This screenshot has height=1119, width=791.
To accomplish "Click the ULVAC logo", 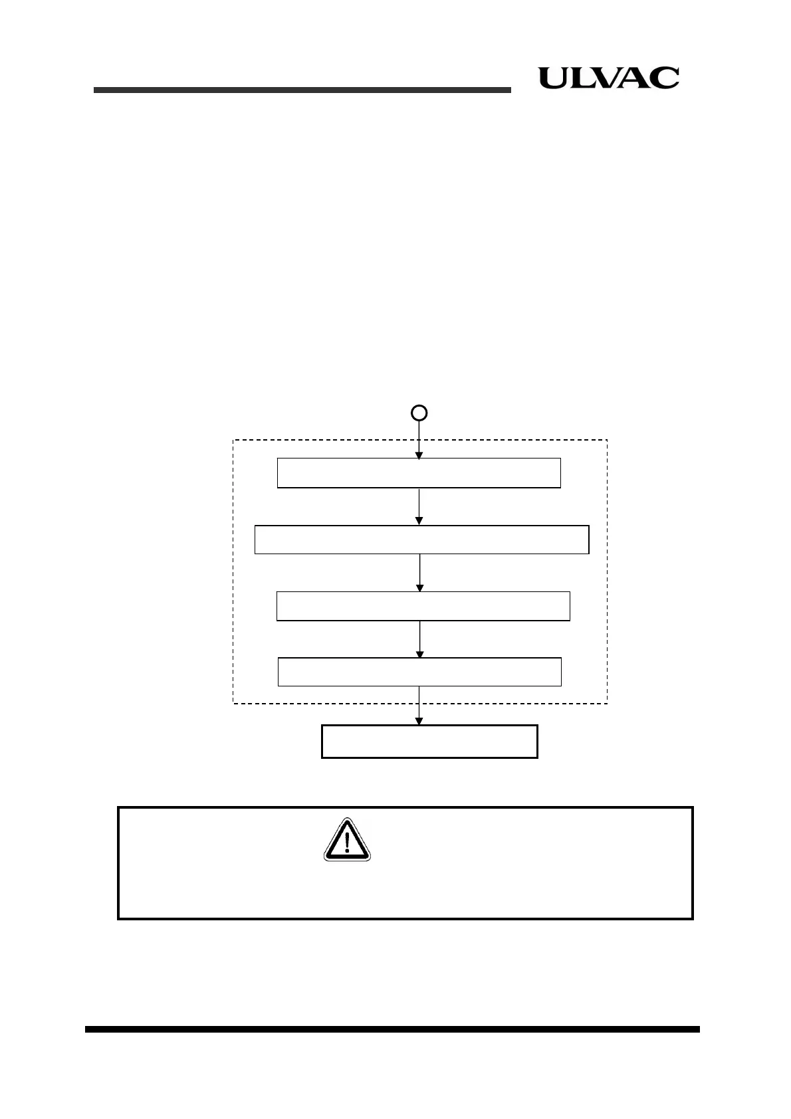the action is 608,78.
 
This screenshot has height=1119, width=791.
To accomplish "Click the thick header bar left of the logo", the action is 302,90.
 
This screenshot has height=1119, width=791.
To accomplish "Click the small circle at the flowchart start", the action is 419,413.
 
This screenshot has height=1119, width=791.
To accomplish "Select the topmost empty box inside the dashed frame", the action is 419,472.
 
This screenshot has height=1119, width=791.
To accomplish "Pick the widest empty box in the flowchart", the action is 421,539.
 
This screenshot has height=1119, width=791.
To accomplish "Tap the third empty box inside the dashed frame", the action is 423,605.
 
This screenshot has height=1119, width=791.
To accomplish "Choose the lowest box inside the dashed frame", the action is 419,671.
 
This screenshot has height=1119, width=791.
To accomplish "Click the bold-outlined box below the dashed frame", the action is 429,742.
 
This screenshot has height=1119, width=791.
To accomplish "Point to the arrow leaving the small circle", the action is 419,439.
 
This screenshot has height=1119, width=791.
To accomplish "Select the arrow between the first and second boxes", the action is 419,506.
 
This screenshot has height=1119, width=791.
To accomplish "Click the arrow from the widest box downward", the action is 419,572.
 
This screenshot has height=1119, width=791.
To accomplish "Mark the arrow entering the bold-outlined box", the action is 419,706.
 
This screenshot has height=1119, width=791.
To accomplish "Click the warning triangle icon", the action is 346,841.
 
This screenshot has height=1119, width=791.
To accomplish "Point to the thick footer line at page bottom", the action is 392,1029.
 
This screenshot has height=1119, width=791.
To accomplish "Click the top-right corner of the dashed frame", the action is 607,440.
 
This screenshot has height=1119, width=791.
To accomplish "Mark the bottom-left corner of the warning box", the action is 119,918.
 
